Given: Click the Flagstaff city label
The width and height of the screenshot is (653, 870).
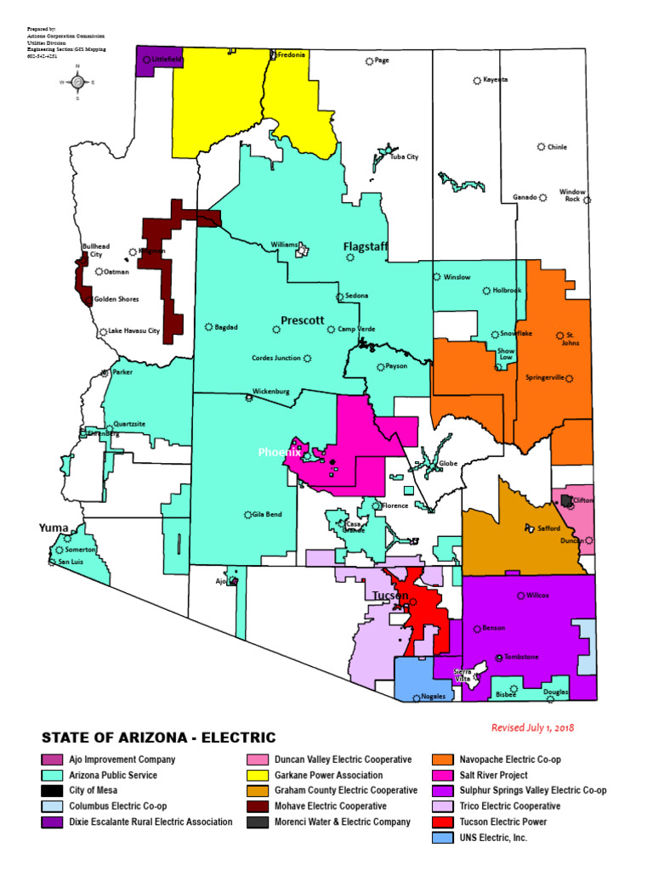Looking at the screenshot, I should coord(366,247).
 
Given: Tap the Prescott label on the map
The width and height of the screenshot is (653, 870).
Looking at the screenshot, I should coord(303,320).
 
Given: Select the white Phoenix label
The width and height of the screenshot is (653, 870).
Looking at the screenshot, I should coord(280,453).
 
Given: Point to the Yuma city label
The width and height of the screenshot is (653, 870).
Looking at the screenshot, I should coord(54,528).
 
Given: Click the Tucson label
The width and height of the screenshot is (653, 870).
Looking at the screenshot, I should coord(391,596).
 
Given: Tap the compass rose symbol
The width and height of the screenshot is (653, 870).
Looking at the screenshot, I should coord(77,82).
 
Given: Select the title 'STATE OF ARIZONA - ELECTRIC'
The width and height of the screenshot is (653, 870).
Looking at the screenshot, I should coord(158,737).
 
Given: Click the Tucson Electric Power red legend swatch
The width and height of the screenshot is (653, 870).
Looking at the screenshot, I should coord(443,822).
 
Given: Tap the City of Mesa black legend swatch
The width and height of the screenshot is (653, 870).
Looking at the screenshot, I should coord(51,791).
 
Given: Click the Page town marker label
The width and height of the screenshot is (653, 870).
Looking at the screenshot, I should coord(382,60).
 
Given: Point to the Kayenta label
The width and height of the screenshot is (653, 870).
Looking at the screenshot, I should coord(495,80).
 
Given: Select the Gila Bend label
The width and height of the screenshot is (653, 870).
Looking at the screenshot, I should coord(267,515).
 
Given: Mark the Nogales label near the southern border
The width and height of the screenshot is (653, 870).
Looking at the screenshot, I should coord(431,697).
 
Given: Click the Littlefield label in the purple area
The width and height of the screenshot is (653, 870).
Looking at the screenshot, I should coord(168,59).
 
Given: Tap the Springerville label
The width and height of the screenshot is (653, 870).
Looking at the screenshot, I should coord(545,377).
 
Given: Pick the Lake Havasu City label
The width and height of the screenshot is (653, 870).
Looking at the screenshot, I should coord(134,331).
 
